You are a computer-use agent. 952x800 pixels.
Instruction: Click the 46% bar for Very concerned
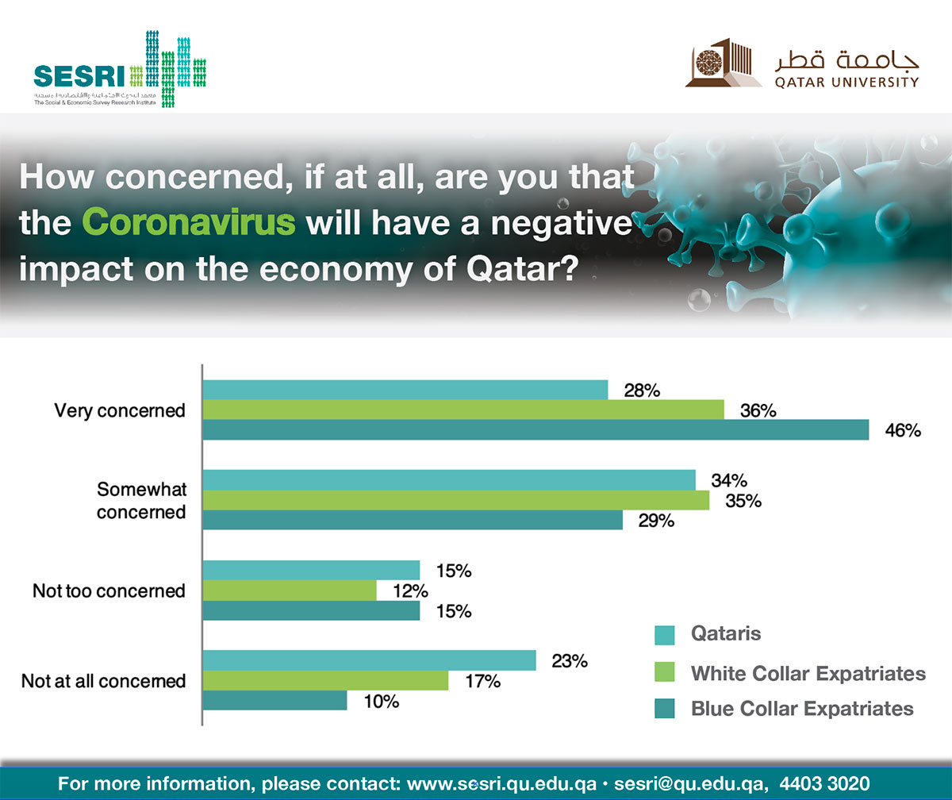[x=536, y=430]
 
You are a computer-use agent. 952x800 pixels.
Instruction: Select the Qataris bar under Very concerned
[x=405, y=390]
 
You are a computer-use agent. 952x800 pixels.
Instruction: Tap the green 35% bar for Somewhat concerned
[x=456, y=500]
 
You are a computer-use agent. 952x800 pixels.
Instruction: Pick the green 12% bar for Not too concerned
[x=290, y=590]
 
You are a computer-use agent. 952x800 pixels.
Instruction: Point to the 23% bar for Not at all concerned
[x=370, y=660]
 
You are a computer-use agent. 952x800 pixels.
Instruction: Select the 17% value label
[x=483, y=681]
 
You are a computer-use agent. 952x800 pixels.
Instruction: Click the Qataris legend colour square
[x=665, y=634]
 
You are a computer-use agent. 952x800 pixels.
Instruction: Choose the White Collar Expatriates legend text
[x=808, y=674]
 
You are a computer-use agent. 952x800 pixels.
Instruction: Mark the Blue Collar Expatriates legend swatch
[x=665, y=709]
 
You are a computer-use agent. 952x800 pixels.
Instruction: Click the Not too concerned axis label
[x=109, y=590]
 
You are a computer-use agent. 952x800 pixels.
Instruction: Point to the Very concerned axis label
[x=120, y=410]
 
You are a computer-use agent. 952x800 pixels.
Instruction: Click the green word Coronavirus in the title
[x=190, y=223]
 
